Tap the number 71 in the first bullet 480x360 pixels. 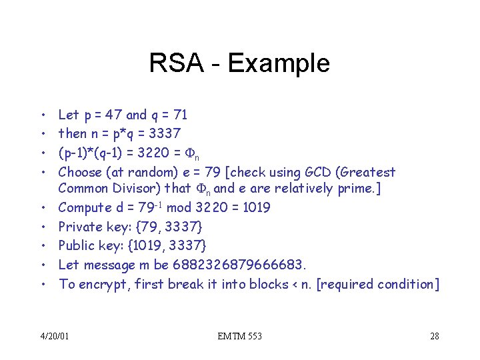(179, 115)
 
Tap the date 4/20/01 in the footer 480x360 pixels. (53, 336)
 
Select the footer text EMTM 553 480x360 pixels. (240, 336)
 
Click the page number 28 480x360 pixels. (434, 336)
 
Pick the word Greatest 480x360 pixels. (370, 173)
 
